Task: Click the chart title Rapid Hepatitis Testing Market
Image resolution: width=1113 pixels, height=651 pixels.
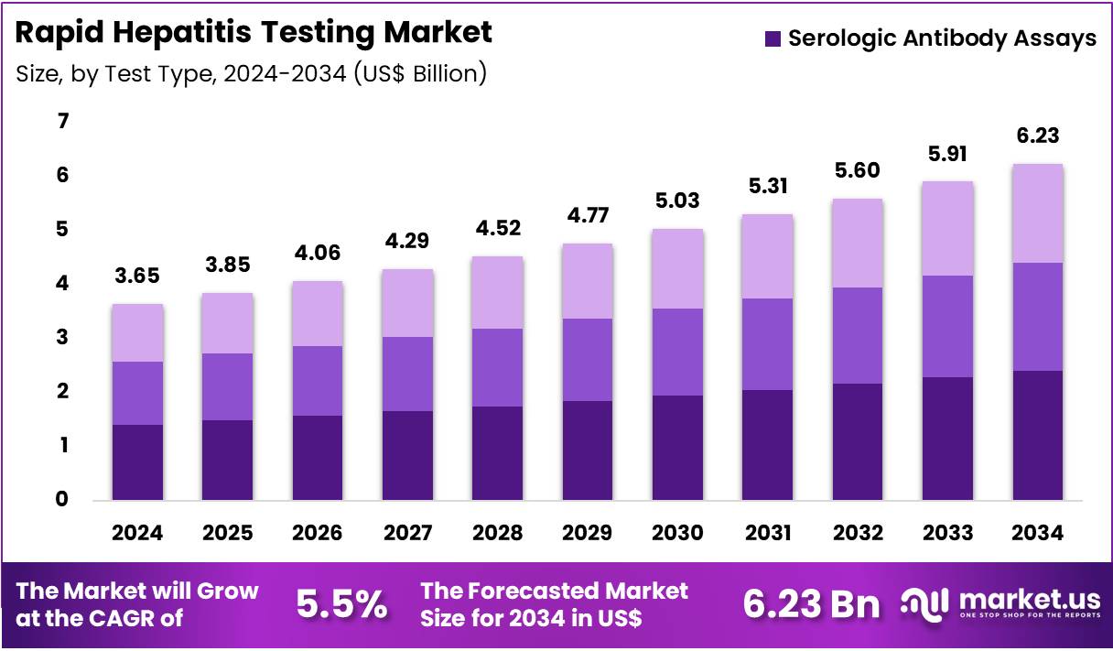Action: point(254,33)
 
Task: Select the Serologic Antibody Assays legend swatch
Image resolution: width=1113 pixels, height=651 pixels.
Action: point(773,38)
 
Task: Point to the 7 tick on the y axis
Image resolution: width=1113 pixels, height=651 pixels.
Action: point(63,121)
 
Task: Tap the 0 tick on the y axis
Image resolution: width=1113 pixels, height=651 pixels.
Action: point(63,500)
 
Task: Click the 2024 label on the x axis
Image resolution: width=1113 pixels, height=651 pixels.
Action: point(136,533)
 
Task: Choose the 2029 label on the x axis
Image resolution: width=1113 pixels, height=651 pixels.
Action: point(587,533)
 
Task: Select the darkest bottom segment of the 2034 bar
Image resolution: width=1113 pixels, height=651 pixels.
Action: point(1037,436)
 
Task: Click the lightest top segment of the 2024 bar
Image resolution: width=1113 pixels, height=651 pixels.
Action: point(136,333)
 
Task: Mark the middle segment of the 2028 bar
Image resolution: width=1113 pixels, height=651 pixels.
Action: point(497,367)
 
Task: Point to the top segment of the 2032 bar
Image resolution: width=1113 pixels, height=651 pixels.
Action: point(858,244)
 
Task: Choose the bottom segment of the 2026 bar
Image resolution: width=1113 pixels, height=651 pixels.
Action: point(317,458)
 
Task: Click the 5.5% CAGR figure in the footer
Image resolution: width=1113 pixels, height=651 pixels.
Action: point(341,604)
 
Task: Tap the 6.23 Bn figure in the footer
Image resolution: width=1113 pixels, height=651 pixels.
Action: point(811,604)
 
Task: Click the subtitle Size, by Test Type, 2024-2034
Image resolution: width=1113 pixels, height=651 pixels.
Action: point(251,74)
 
